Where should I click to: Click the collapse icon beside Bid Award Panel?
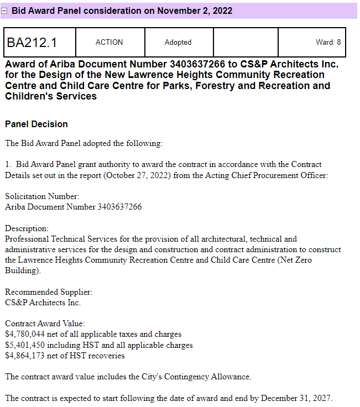pos(6,11)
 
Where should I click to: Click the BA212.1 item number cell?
pos(32,43)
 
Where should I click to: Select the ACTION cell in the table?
pos(109,43)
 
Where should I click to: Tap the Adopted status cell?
pos(178,43)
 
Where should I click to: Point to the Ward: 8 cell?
pos(328,43)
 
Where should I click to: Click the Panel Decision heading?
pos(36,124)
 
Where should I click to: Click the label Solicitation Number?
pos(42,196)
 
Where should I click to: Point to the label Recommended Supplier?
pos(49,292)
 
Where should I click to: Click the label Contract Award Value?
pos(45,323)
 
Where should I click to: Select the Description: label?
pos(27,228)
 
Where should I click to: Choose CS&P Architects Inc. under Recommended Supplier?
pos(43,302)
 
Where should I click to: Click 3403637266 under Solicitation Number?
pos(119,207)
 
